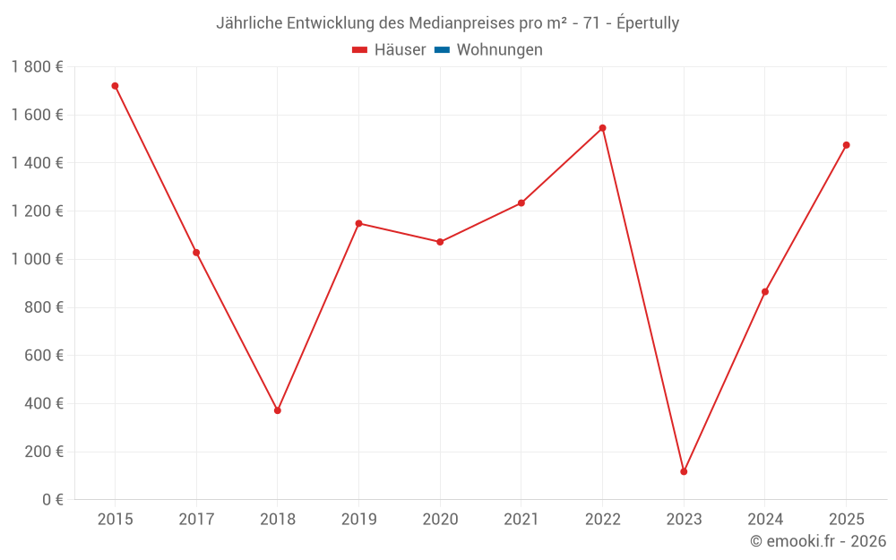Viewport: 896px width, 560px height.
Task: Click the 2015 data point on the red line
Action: click(115, 86)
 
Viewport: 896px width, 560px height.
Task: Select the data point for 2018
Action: click(278, 410)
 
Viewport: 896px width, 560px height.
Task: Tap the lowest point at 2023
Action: click(684, 471)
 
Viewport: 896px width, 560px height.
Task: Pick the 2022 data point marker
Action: click(602, 128)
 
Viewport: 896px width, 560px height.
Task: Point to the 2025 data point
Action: click(846, 145)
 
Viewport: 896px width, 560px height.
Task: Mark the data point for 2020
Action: click(440, 242)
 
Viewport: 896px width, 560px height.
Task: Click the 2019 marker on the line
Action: click(358, 223)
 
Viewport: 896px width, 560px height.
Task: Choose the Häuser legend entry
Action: click(390, 50)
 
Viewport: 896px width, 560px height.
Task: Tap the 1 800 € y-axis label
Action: click(37, 67)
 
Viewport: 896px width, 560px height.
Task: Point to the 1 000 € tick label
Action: click(37, 259)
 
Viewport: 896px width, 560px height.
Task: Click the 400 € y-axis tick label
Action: click(43, 403)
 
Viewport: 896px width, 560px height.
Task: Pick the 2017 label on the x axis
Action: click(196, 519)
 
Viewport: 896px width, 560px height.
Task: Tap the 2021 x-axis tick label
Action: click(521, 519)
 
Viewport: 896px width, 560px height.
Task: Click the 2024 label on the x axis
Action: click(764, 519)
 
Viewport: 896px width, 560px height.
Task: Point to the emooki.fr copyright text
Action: click(818, 541)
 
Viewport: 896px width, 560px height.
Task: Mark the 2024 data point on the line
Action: click(764, 292)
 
